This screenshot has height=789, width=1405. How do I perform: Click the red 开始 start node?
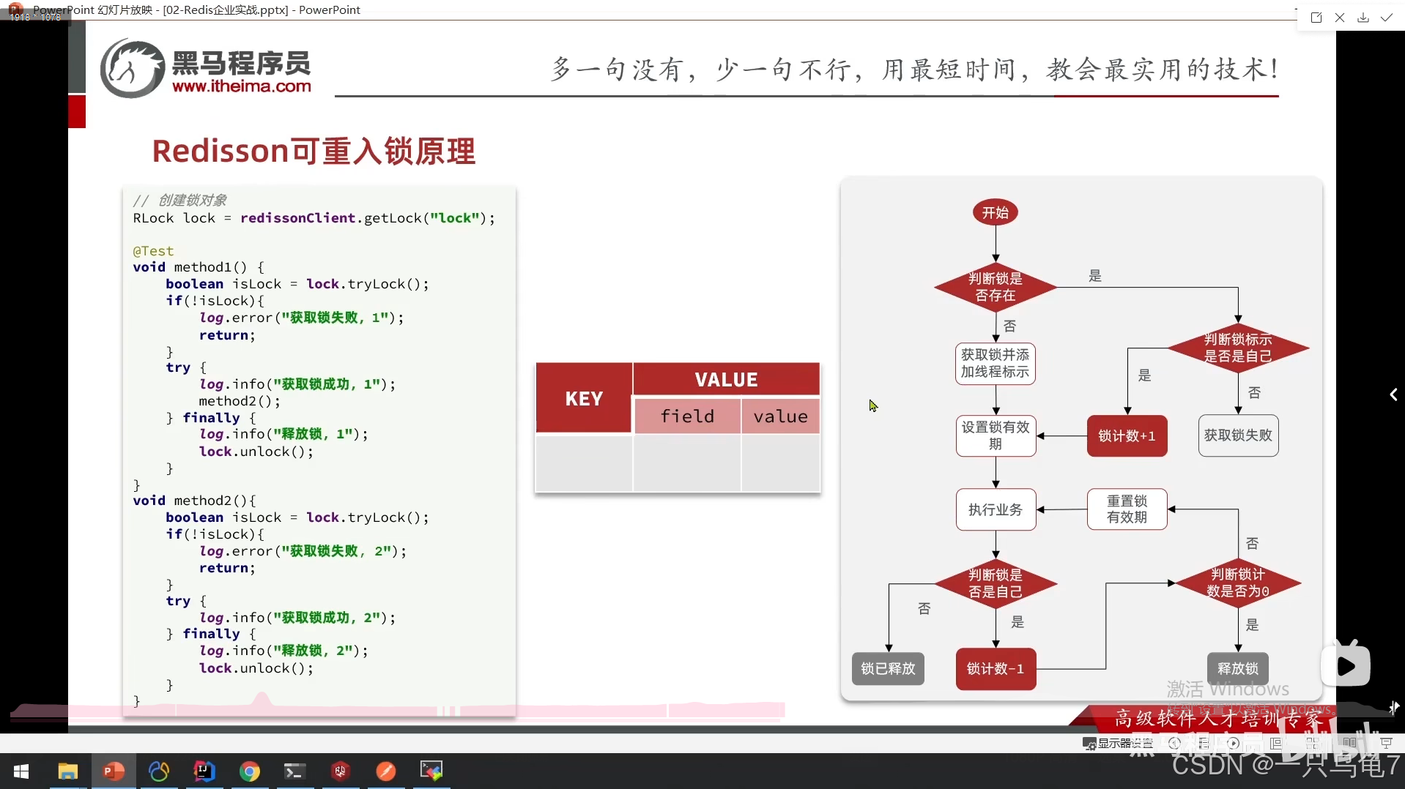(996, 213)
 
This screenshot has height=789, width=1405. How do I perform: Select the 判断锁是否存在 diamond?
(996, 287)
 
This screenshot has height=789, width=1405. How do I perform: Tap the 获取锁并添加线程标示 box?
(996, 364)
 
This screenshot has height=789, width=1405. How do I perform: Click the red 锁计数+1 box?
(1127, 436)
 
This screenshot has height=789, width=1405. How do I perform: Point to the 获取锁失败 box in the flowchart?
(1238, 435)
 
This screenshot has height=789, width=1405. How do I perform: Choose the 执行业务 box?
(996, 509)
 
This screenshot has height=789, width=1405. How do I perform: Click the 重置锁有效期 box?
(1127, 509)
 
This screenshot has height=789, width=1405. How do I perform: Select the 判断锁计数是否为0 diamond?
(1237, 583)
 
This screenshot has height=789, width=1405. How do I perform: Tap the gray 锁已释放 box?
(888, 669)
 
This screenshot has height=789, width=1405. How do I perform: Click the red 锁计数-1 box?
(996, 669)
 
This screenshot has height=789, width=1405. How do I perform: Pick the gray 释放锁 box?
(1237, 669)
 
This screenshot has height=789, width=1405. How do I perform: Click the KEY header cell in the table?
(584, 399)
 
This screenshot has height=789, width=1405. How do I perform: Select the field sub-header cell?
(687, 416)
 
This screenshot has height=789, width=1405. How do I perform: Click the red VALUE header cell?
(726, 380)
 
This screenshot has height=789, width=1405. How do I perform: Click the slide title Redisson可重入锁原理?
(314, 152)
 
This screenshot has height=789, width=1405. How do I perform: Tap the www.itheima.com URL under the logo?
(242, 86)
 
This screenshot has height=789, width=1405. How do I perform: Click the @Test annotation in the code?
(153, 251)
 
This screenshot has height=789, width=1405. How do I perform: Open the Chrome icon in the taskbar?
(250, 771)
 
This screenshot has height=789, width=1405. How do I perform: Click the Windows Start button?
(21, 771)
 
